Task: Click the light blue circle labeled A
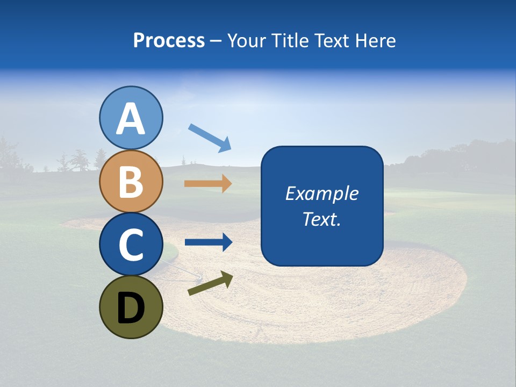[x=131, y=118]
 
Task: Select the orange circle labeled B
[x=131, y=181]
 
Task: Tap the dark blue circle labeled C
[x=131, y=244]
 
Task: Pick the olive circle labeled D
[x=131, y=307]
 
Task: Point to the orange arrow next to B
[x=208, y=183]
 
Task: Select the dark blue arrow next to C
[x=208, y=242]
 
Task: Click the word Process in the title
[x=169, y=41]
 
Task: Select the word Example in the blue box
[x=321, y=193]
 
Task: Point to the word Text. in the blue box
[x=321, y=219]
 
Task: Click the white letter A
[x=131, y=119]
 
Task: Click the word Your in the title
[x=246, y=41]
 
